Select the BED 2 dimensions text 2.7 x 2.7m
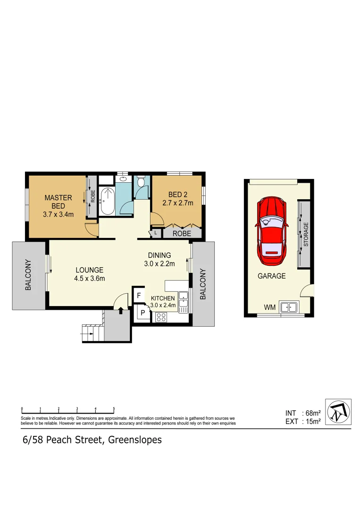175,204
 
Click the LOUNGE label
89,270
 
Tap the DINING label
159,255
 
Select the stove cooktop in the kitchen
161,317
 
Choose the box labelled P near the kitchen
142,313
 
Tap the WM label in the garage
269,307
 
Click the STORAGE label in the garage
306,234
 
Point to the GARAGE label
271,276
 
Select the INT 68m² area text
303,413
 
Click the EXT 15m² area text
303,422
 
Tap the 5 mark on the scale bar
114,408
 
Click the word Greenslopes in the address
135,440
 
